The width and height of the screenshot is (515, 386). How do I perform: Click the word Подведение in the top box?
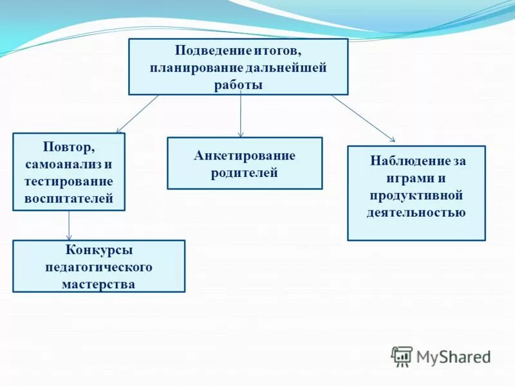(x=208, y=50)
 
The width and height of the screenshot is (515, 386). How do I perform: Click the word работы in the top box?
(x=238, y=85)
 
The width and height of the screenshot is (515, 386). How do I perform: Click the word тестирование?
(x=69, y=181)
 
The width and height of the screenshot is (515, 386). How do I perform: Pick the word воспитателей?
(x=69, y=199)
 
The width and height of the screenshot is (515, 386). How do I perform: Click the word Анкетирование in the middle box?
(x=245, y=155)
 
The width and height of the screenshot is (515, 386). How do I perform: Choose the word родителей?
(x=245, y=172)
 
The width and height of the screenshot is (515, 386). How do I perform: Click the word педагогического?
(x=98, y=267)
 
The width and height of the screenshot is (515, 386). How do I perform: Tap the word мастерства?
(x=98, y=284)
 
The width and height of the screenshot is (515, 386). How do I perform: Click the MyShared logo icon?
(x=402, y=356)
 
